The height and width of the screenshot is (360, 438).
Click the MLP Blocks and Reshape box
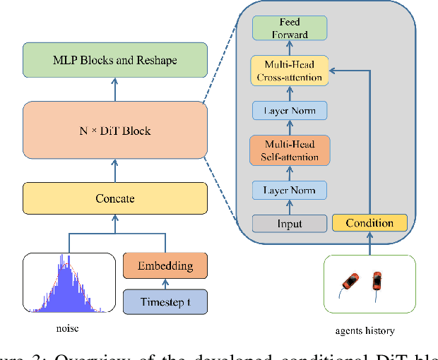tap(115, 60)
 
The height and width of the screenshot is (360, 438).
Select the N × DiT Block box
tap(115, 131)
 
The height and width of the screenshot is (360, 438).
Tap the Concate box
tap(115, 198)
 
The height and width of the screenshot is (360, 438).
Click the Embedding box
tap(165, 267)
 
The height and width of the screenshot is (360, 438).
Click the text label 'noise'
tap(69, 328)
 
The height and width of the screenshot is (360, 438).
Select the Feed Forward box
tap(290, 29)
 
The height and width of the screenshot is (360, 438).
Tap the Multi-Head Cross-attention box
tap(290, 71)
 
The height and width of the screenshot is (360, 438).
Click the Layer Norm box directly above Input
tap(290, 190)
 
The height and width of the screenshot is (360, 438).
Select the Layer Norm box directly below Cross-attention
tap(290, 111)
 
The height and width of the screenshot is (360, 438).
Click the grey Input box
tap(290, 224)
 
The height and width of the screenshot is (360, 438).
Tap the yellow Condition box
tap(369, 223)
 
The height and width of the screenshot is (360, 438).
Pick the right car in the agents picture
tap(377, 281)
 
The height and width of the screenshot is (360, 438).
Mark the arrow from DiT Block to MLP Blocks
tap(115, 90)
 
